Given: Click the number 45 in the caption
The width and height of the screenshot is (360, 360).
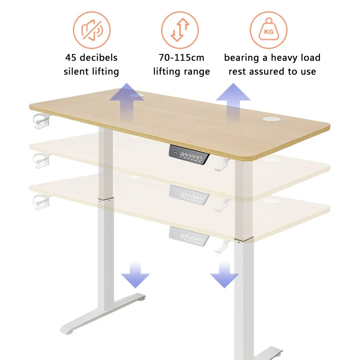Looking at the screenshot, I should coord(71,58).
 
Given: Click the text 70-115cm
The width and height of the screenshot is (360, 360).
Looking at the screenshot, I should coord(181,58).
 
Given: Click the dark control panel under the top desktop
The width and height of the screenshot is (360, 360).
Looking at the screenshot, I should coord(189,155).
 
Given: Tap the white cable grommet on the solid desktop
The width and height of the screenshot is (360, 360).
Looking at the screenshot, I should coord(271,118).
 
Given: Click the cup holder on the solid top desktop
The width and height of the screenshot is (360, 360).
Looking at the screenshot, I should coord(41,121).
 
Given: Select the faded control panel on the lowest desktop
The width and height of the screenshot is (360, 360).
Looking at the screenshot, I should coord(189,237).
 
